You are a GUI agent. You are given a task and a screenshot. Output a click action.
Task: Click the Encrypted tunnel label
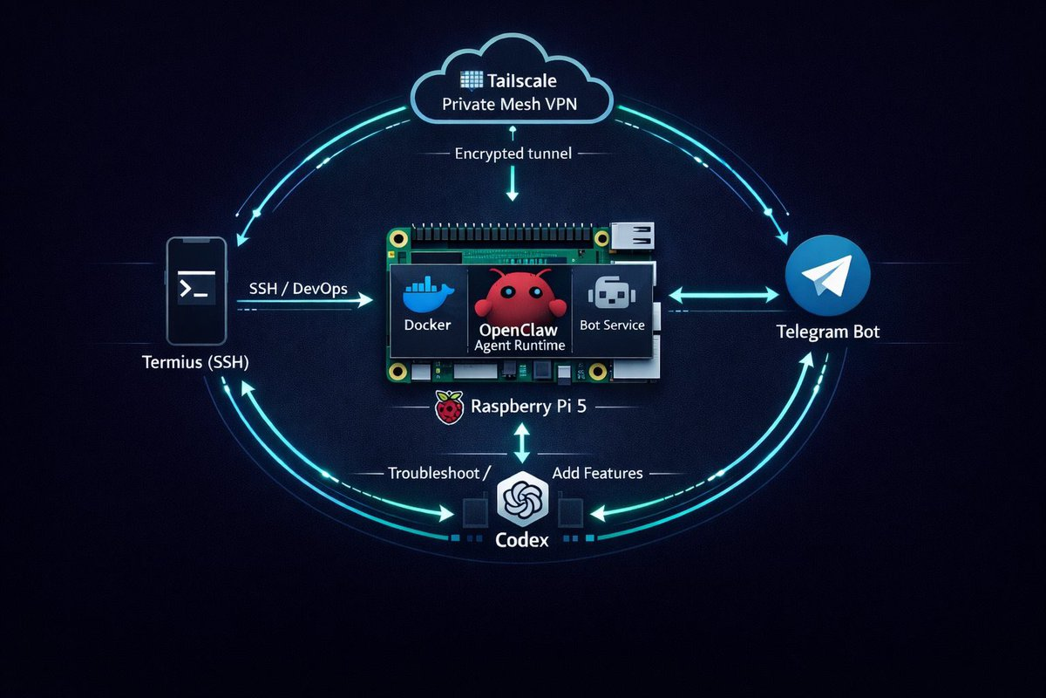coord(513,154)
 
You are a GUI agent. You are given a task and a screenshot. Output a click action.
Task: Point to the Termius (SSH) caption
coord(195,363)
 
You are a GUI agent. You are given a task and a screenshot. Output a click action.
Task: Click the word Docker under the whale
coord(428,325)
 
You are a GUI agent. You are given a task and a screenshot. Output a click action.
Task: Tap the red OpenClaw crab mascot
coord(519,297)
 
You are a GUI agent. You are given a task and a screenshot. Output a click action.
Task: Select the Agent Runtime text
coord(520,346)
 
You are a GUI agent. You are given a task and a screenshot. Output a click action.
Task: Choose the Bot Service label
coord(612,325)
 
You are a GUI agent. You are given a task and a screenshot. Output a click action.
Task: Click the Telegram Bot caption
coord(829,332)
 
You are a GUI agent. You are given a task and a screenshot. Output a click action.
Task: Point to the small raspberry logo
coord(449,407)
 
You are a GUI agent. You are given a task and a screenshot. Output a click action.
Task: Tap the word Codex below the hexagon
coord(521,540)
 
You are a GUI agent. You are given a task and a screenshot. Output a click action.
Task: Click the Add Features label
coord(598,473)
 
